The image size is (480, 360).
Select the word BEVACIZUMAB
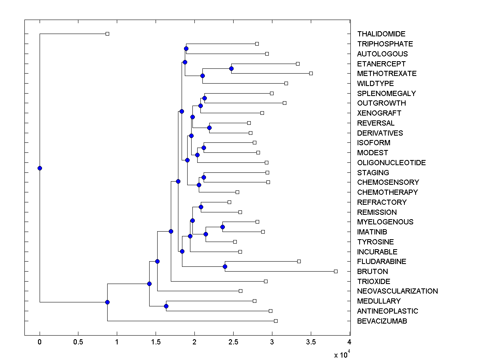[382, 321]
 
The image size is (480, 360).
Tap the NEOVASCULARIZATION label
[397, 291]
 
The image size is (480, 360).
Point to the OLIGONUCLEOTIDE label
[391, 163]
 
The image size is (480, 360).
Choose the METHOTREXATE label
[387, 74]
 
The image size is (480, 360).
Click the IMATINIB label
[372, 232]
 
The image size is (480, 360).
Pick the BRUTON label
[372, 272]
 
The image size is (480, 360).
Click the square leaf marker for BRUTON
[336, 271]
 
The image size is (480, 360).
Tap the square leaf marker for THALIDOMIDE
[107, 34]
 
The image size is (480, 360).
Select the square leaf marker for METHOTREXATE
[311, 73]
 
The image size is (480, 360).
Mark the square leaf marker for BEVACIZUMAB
[276, 321]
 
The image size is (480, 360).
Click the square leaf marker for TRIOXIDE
[266, 281]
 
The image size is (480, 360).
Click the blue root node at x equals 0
[40, 168]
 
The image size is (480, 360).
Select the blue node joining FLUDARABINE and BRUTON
[225, 266]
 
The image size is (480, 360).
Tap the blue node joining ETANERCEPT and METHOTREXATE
[231, 68]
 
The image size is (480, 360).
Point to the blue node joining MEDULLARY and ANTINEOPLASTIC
[166, 306]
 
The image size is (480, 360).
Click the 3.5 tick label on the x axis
[311, 342]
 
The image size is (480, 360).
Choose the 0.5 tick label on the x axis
[78, 342]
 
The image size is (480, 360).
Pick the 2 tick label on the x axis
[194, 342]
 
